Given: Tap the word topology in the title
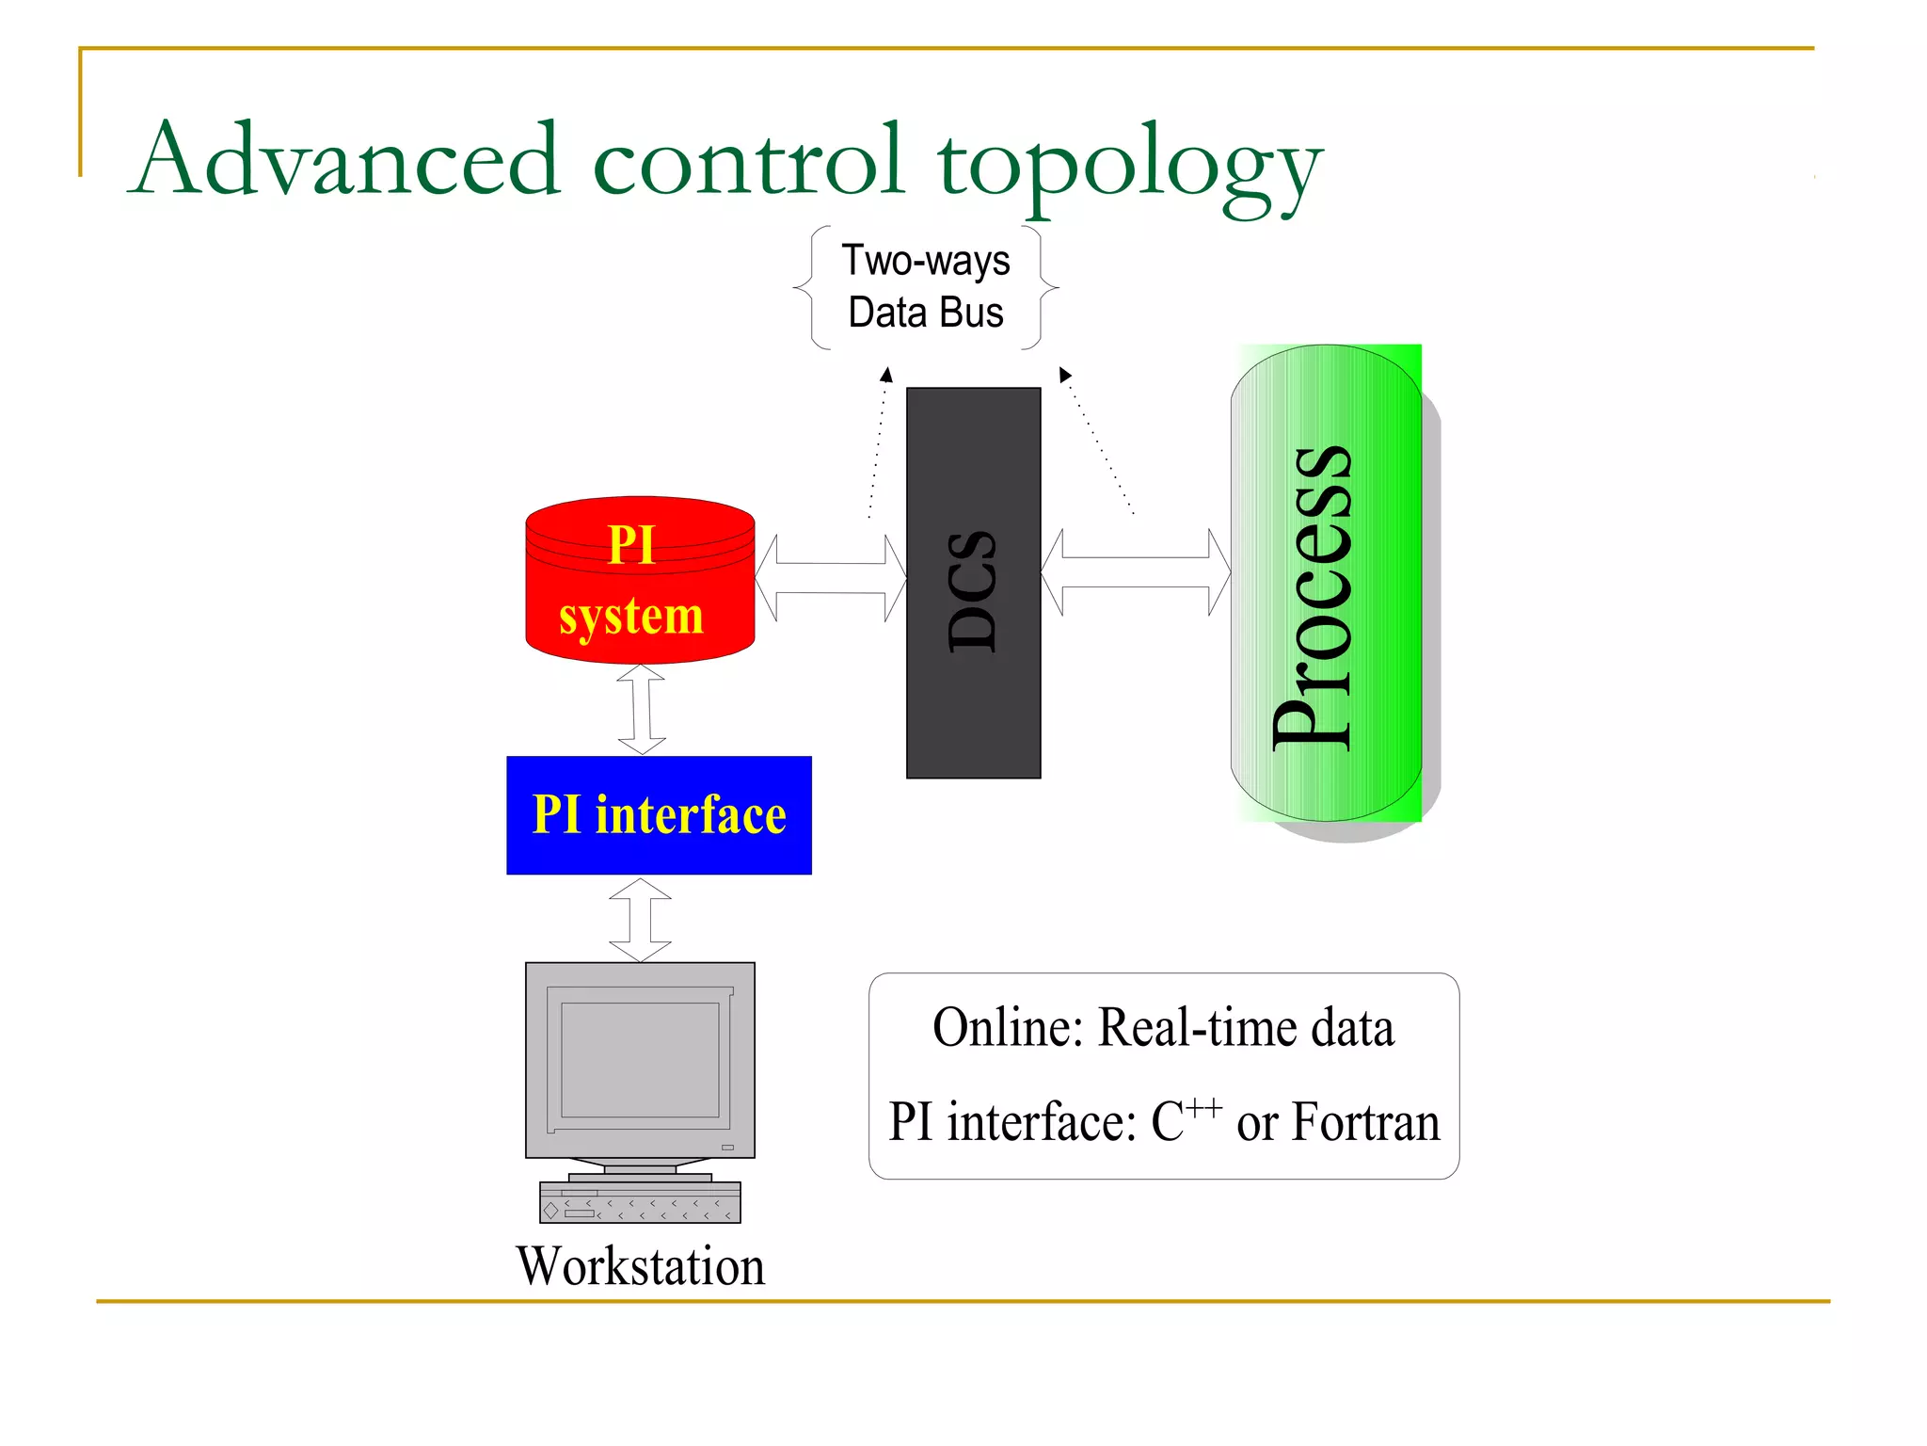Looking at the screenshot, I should [1129, 165].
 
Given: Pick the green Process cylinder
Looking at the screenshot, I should [1327, 584].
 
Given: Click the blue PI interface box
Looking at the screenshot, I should [659, 815].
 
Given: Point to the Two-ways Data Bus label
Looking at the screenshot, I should [926, 287].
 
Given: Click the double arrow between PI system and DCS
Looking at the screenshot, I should [830, 578].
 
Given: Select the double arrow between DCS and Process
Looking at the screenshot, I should [1136, 571].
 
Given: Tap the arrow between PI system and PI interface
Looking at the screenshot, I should [642, 709].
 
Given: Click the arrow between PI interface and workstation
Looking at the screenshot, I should [640, 920].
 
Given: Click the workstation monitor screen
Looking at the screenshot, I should [640, 1059].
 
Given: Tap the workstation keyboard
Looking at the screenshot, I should [640, 1202].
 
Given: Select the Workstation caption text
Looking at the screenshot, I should [640, 1266].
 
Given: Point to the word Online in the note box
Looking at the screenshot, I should [1007, 1027].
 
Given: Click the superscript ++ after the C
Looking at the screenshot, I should [1203, 1107].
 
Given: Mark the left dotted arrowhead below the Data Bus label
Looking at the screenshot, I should [886, 376].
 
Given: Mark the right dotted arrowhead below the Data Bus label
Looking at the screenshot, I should [1064, 375].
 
